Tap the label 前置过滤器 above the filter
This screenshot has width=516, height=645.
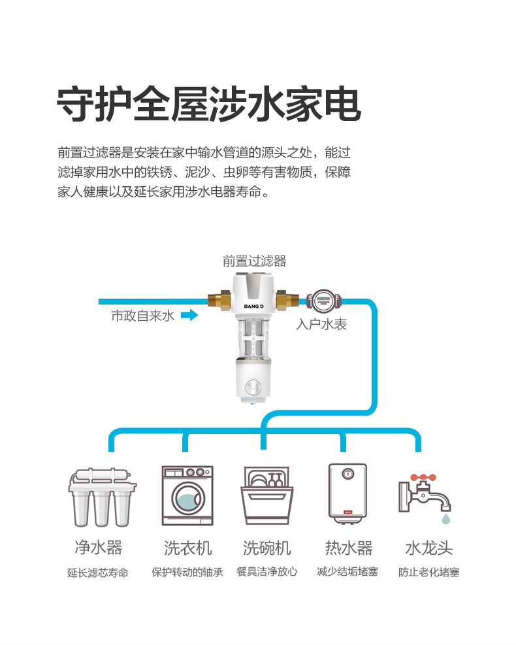[x=254, y=261]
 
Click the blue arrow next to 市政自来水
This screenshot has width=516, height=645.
[x=189, y=316]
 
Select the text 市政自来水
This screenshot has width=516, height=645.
[x=142, y=316]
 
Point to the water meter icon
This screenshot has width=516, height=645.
[x=322, y=301]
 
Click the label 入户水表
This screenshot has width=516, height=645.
[x=321, y=324]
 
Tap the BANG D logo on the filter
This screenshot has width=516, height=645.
[x=253, y=305]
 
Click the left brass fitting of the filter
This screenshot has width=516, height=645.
[x=218, y=301]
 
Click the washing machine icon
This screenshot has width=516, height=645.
[x=187, y=495]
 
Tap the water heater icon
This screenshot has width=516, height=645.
[x=347, y=495]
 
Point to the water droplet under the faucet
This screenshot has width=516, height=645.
[x=445, y=520]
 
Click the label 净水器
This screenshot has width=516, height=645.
[x=98, y=548]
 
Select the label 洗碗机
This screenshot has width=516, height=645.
[x=266, y=548]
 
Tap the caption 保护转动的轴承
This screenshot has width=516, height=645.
[x=187, y=572]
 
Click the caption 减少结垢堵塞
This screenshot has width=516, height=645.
[x=347, y=572]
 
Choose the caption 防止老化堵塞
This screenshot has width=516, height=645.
[x=429, y=572]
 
